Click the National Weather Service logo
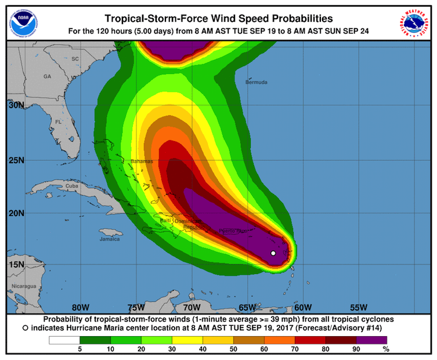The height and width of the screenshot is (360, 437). [414, 21]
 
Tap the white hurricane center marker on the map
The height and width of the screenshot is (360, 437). [273, 253]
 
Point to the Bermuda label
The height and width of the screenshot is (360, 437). [256, 82]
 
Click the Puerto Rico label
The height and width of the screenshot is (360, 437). [233, 232]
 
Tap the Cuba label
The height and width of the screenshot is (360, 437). [72, 186]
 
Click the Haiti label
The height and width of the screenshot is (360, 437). [166, 221]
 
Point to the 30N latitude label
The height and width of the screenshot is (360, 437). [16, 106]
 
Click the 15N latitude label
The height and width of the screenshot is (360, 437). [16, 264]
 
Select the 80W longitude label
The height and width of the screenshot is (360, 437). [80, 307]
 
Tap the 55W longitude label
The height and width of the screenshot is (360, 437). [359, 307]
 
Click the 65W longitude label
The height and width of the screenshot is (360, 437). [247, 307]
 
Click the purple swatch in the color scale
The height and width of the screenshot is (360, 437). [371, 340]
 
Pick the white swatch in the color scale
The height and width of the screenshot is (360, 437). [64, 340]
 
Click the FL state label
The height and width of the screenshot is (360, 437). [58, 122]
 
